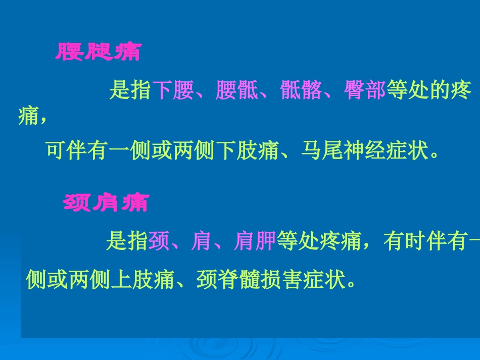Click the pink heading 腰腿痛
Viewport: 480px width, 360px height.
98,53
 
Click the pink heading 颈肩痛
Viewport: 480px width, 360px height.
105,203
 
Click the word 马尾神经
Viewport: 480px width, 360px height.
343,150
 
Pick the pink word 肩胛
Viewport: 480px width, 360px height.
255,242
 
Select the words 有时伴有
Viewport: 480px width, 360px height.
423,242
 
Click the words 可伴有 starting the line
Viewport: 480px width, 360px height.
77,150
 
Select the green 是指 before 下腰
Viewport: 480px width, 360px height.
130,91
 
